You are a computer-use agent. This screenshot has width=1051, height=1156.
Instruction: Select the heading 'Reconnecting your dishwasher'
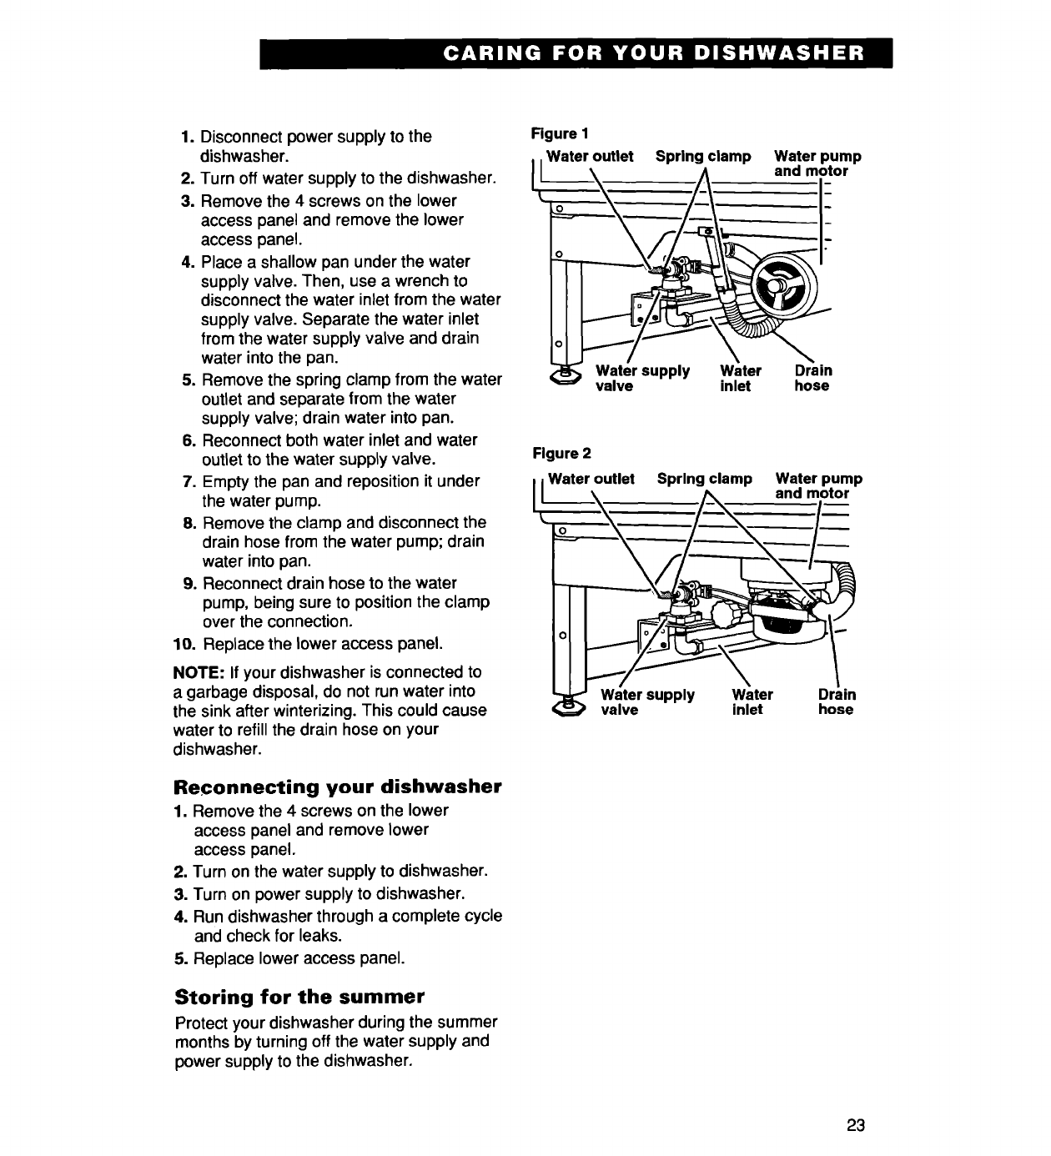[x=338, y=787]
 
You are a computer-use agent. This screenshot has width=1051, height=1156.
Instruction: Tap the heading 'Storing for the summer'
[x=300, y=998]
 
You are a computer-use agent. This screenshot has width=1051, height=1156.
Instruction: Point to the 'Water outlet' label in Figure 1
[x=590, y=156]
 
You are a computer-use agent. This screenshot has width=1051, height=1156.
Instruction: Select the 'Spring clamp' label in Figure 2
[x=705, y=479]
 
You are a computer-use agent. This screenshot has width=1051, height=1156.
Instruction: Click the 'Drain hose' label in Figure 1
[x=812, y=378]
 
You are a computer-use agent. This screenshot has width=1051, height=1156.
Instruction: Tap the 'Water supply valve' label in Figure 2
[x=647, y=702]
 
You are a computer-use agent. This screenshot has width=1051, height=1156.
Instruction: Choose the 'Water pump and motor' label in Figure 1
[x=817, y=163]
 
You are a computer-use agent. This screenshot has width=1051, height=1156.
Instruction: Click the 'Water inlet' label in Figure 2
[x=752, y=702]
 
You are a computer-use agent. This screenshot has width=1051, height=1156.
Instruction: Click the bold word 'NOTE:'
[x=199, y=672]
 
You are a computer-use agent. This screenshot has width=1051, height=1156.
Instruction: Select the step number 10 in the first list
[x=185, y=644]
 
